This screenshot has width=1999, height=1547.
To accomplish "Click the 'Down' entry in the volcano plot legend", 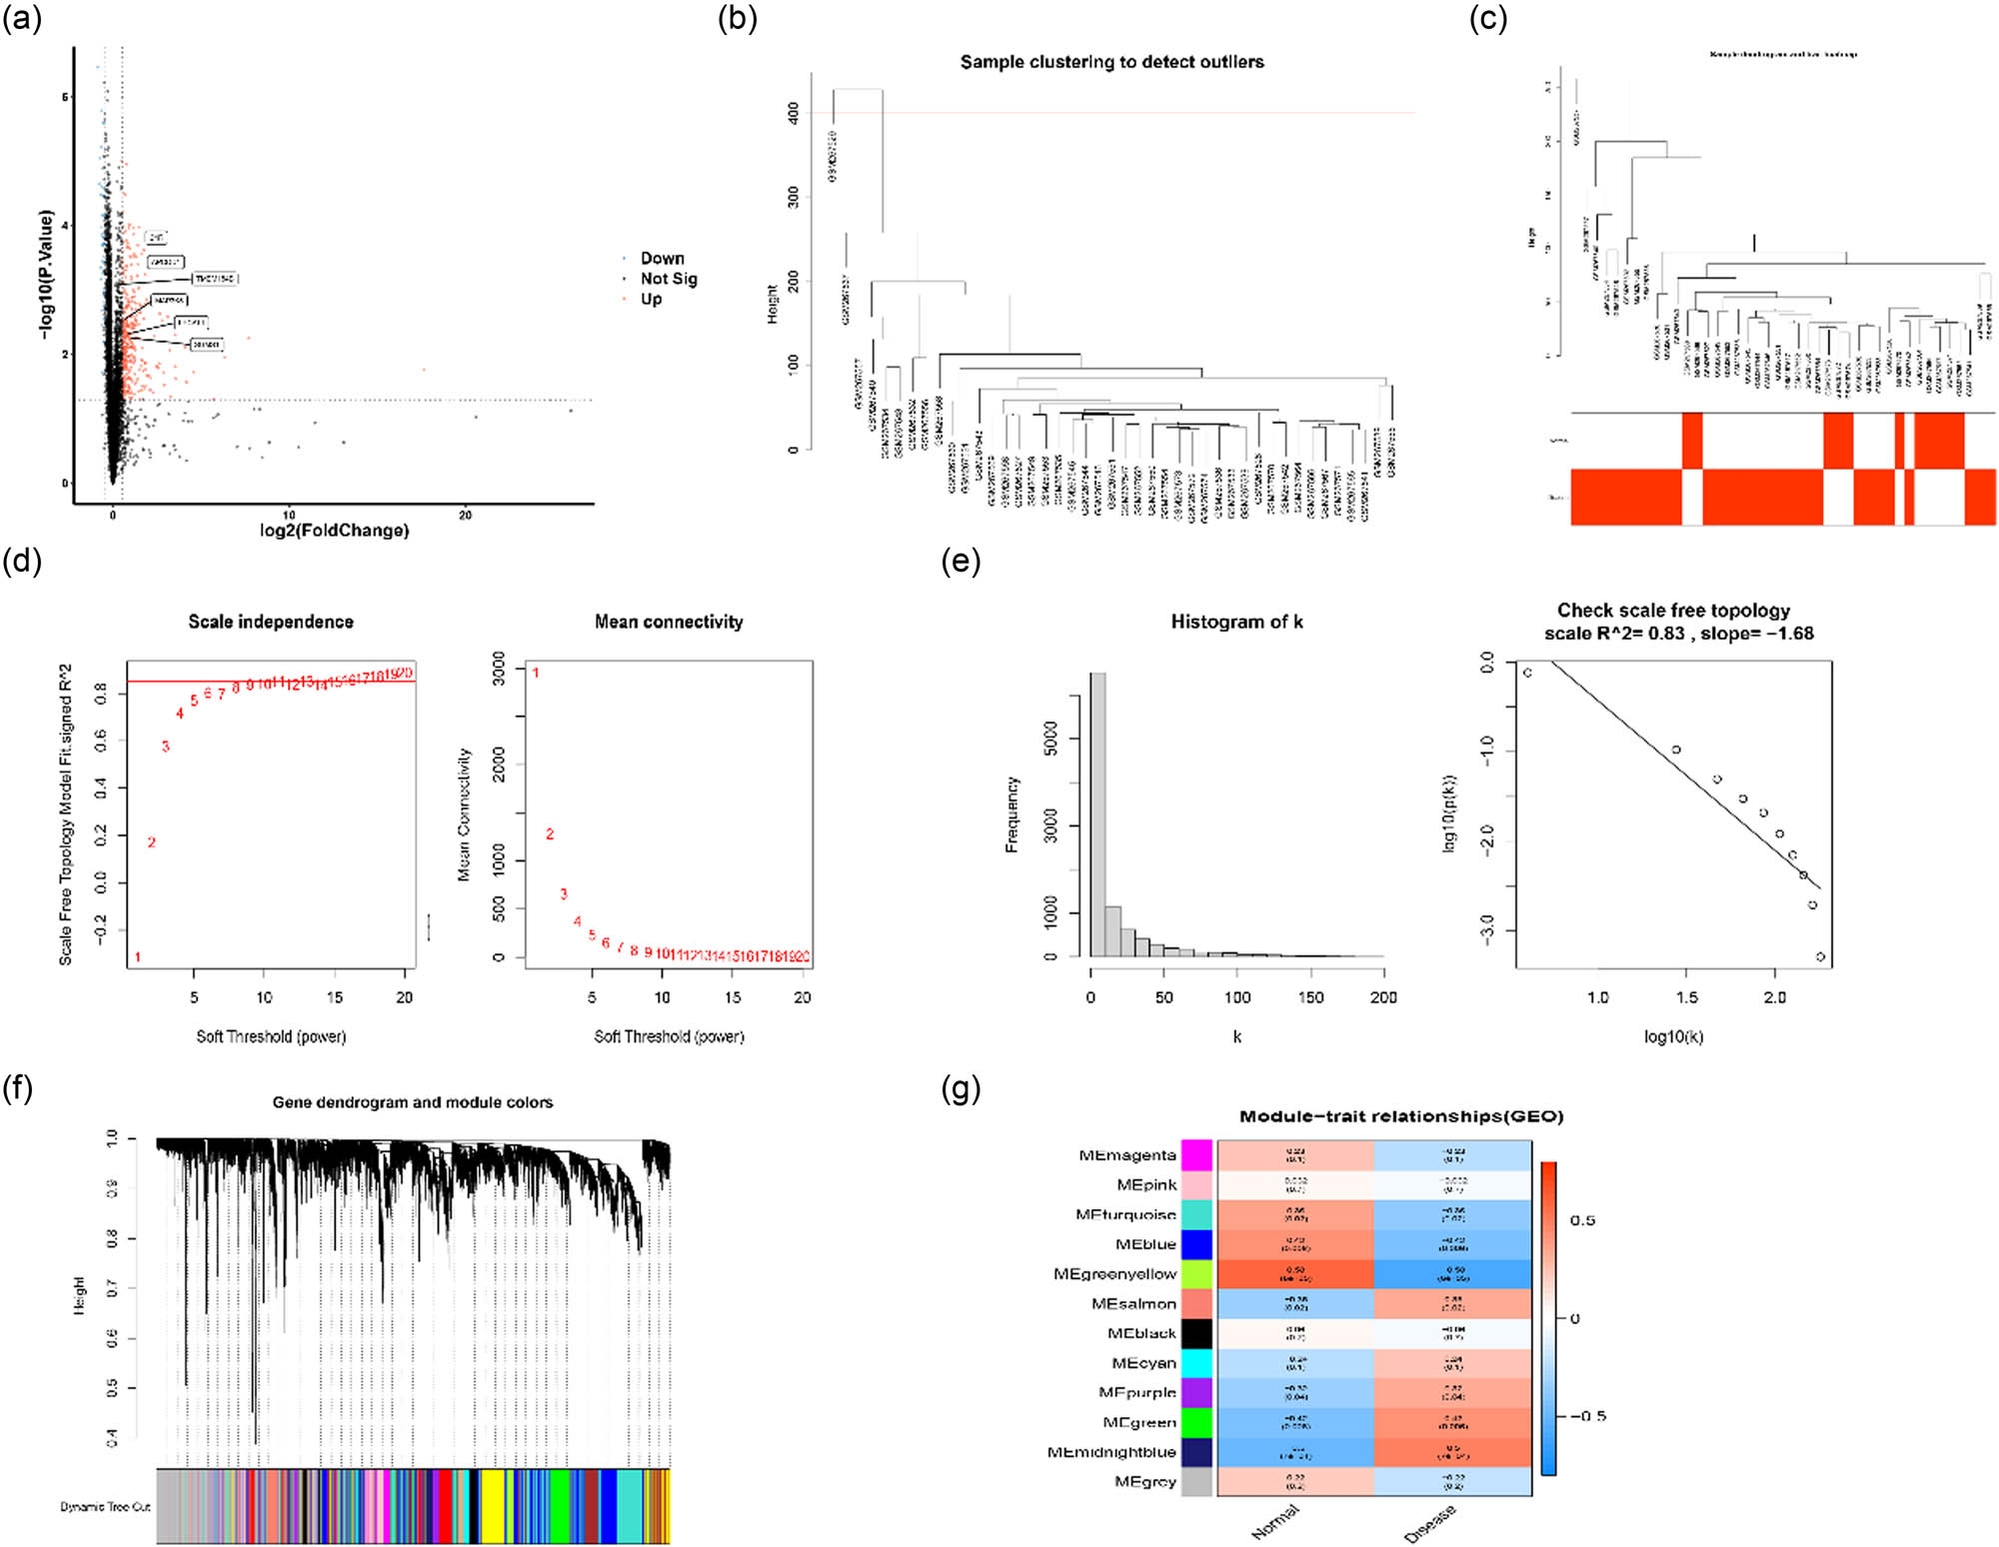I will click(662, 258).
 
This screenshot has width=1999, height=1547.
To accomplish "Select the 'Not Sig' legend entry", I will click(668, 279).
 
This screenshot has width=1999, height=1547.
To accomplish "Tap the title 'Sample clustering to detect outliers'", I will click(1111, 62).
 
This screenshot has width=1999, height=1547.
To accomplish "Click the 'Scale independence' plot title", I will click(271, 622).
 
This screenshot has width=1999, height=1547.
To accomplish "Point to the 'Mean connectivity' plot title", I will click(669, 622).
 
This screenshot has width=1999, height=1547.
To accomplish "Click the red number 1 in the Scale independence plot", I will click(138, 957).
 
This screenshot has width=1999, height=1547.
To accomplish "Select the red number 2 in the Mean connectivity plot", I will click(550, 834).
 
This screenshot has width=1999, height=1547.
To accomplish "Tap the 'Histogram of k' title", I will click(1236, 622).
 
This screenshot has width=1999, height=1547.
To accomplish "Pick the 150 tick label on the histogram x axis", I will click(1310, 997).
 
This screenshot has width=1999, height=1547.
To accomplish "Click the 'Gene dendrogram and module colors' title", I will click(413, 1102).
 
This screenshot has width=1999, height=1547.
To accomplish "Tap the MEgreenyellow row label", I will click(1114, 1274).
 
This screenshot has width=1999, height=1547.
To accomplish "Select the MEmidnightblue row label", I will click(1111, 1452).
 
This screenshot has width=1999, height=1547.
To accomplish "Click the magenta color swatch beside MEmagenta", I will click(1196, 1155).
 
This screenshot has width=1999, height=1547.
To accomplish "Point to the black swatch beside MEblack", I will click(1196, 1333).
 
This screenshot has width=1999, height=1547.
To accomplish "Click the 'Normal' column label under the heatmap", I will click(1275, 1522).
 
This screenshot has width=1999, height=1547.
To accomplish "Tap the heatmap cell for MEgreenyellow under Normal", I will click(1295, 1274).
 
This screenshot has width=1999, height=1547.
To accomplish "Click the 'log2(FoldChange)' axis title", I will click(334, 530).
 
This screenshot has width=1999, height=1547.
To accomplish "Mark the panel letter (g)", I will click(961, 1089).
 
